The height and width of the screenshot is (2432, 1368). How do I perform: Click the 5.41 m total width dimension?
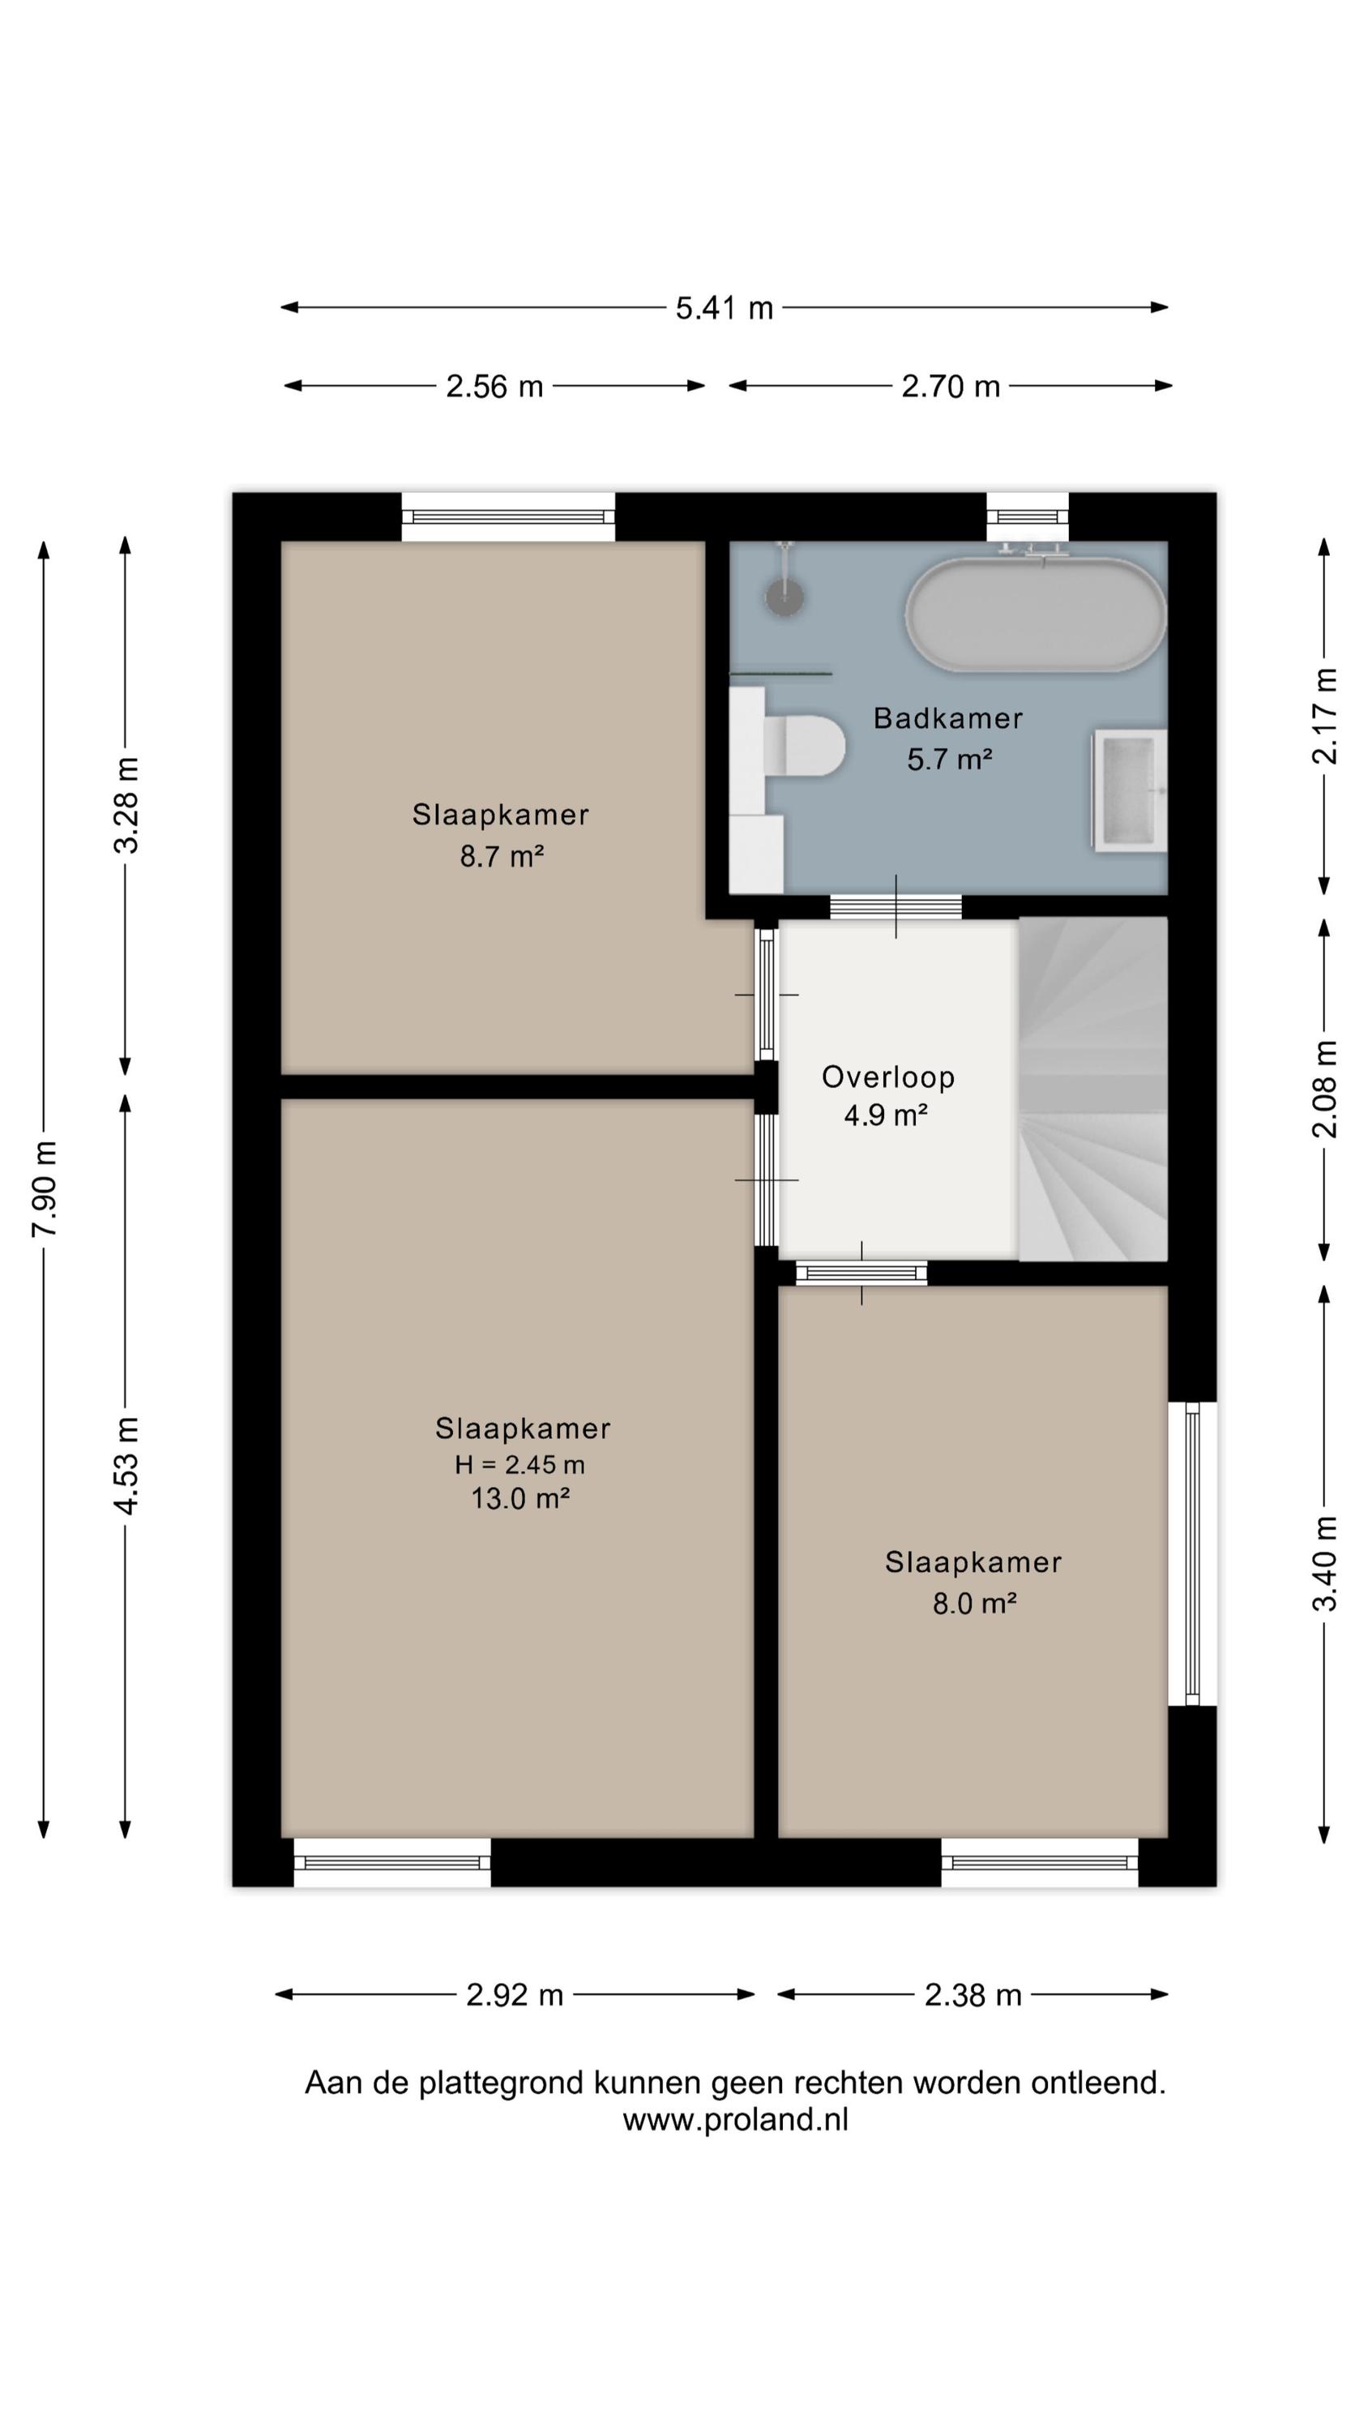(725, 308)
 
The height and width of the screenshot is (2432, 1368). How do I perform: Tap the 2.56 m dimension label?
(494, 386)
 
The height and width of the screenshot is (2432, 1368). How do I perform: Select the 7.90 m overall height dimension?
(45, 1188)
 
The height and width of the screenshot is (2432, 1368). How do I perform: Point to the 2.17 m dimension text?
(1326, 717)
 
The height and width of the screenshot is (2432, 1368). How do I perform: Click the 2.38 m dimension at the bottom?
(973, 1995)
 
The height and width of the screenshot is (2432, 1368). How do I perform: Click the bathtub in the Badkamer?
(1036, 615)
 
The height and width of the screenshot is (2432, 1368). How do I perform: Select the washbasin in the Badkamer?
(1130, 790)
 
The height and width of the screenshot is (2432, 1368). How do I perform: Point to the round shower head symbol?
(784, 597)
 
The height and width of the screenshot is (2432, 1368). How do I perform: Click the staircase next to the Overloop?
(1093, 1089)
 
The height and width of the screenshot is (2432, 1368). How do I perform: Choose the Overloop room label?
(888, 1077)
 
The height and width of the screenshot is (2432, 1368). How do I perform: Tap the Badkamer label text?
(948, 718)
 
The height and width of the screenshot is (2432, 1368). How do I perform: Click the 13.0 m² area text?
(520, 1498)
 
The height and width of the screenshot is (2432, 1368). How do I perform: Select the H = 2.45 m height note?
(520, 1464)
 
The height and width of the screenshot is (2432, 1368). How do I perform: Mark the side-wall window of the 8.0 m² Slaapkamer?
(1192, 1554)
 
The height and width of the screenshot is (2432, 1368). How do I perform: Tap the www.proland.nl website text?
(735, 2120)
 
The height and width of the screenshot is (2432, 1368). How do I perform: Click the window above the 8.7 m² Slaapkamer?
(508, 517)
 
